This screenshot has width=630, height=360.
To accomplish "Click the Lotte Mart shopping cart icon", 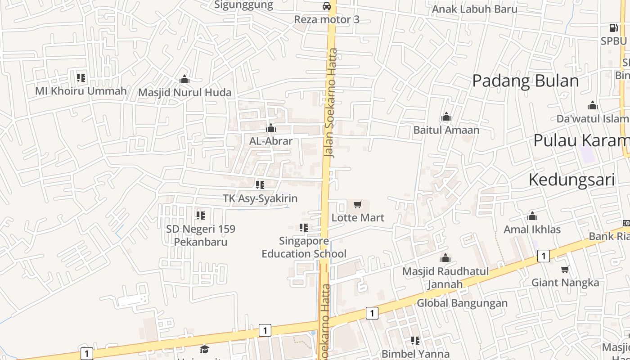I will pos(358,205).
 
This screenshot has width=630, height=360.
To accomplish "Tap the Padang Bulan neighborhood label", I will pos(525,81).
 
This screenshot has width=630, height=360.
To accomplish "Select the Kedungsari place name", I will pos(571,180).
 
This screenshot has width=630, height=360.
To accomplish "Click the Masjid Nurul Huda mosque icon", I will pos(184,80).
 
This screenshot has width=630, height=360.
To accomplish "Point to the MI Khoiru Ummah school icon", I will pos(81,78).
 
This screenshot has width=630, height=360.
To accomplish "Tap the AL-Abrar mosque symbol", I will pos(271,128).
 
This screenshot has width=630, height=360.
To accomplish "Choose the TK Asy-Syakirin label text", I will pos(260,198).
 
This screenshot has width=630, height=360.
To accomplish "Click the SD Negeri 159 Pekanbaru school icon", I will pos(201,216).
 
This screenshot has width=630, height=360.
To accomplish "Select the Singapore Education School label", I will pos(304,247).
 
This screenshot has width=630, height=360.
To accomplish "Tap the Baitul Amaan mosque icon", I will pos(446,117).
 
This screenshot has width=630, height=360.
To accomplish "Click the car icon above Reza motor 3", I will pos(327,6).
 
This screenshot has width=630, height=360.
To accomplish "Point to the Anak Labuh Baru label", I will pos(475,9).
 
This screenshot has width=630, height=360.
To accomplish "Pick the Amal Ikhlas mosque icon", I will pos(532,216).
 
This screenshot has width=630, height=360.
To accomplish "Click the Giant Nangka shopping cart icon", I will pos(565,270).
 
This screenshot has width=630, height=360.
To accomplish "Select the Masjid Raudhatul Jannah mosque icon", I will pos(445,258).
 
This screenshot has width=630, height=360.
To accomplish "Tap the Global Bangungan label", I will pos(462,303).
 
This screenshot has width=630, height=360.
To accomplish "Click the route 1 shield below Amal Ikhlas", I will pos(544,256).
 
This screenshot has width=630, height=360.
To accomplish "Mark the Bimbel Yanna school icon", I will pos(415,341).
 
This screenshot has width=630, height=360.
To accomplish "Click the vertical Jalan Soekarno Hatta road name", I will pos(332,103).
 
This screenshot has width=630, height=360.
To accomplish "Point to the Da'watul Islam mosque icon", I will pos(593,106).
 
